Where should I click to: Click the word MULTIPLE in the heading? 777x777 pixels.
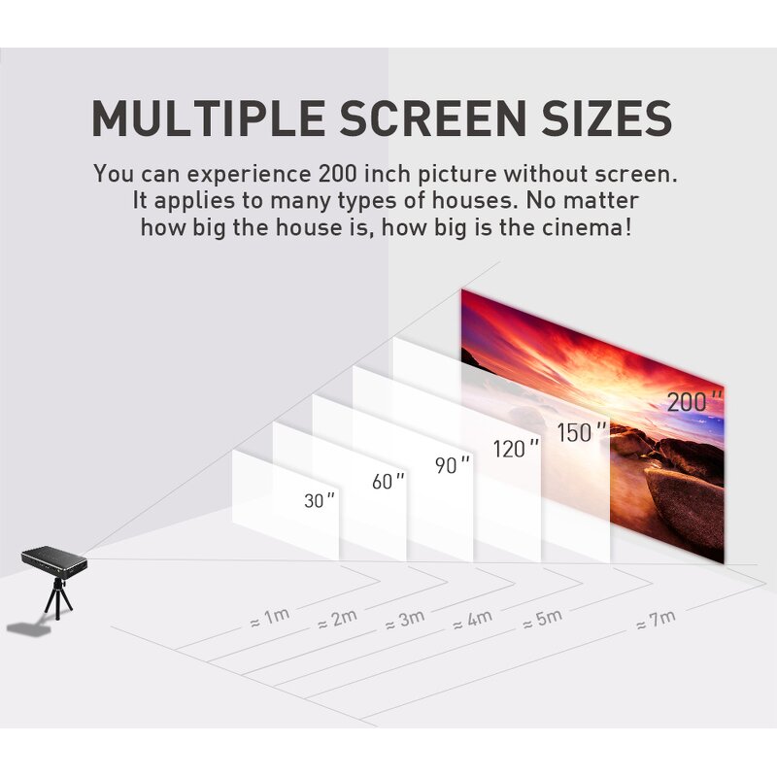[206, 118]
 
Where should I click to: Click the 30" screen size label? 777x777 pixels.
[319, 501]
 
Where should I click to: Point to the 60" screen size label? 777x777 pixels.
[388, 481]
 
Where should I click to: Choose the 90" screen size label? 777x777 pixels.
[452, 465]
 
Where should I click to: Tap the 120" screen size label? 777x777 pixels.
[516, 448]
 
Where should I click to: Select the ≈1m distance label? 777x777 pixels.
[269, 616]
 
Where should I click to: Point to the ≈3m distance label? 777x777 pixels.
[403, 620]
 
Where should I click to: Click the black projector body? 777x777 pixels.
[54, 558]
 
